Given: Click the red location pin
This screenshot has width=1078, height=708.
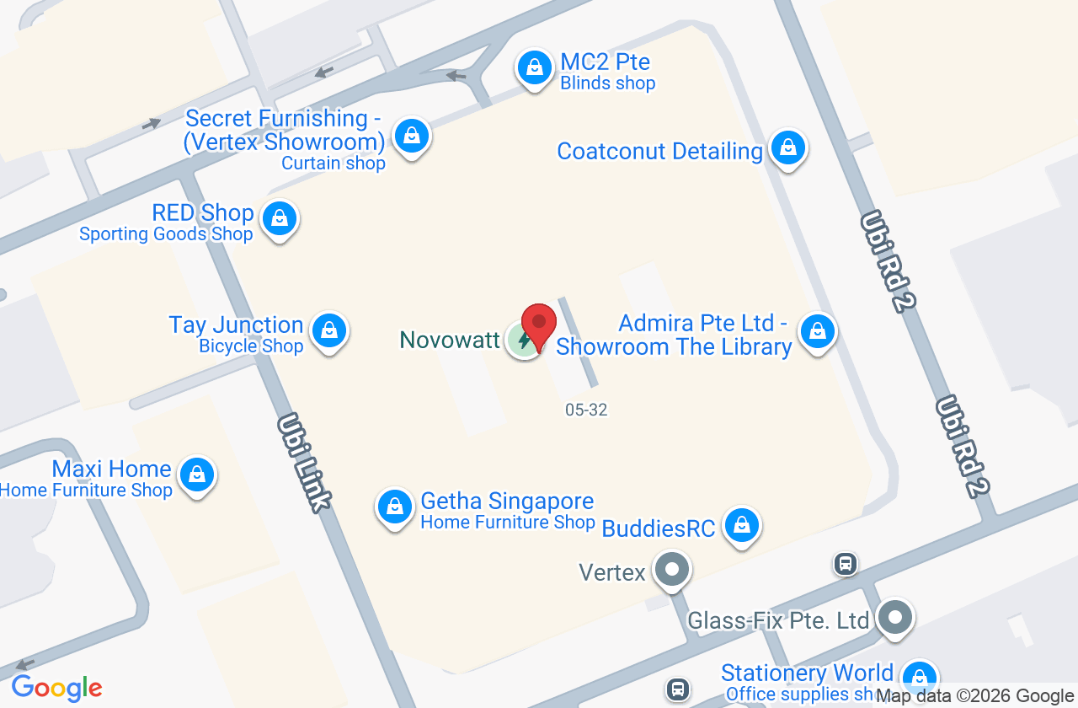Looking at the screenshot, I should click(x=539, y=324).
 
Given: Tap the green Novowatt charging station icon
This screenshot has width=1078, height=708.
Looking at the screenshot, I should click(x=523, y=341).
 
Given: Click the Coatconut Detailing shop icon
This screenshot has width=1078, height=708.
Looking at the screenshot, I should click(x=788, y=148).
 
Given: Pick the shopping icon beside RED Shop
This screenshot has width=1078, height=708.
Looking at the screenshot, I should click(x=280, y=219).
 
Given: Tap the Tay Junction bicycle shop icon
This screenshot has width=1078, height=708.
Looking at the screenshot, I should click(x=329, y=331).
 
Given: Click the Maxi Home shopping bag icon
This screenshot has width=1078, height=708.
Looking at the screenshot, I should click(x=197, y=475).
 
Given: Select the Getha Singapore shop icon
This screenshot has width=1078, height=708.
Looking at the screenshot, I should click(x=394, y=507).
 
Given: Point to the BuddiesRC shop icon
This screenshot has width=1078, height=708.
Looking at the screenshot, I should click(x=742, y=525).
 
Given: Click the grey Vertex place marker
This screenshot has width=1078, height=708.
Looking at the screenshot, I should click(x=672, y=570).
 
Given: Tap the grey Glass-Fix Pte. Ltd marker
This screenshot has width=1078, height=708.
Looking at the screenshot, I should click(x=894, y=618).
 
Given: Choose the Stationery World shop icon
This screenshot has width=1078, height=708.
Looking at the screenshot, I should click(x=919, y=678).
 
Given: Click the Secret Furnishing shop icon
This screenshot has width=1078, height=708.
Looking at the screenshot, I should click(x=412, y=135).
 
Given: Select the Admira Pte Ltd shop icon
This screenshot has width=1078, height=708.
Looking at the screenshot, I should click(x=817, y=331).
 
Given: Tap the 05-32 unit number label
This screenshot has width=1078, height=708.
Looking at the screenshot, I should click(x=586, y=410).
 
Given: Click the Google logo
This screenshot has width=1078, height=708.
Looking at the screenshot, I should click(x=56, y=688).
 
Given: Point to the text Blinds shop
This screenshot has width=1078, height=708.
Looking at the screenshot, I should click(x=607, y=83).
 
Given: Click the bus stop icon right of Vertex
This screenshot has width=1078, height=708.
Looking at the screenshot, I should click(x=846, y=563).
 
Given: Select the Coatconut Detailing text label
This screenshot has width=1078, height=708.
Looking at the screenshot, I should click(x=659, y=152).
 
